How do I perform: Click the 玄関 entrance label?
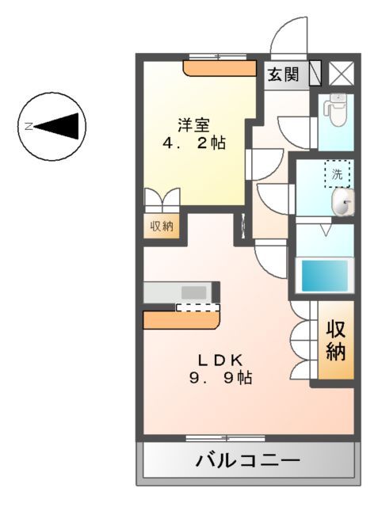(282, 74)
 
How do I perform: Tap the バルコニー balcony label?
(247, 460)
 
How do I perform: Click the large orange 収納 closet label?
(336, 341)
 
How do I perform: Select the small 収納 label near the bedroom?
(162, 227)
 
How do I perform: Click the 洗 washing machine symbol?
(338, 174)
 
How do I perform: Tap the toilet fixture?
(336, 109)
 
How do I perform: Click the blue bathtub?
(323, 274)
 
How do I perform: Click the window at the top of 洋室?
(217, 56)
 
